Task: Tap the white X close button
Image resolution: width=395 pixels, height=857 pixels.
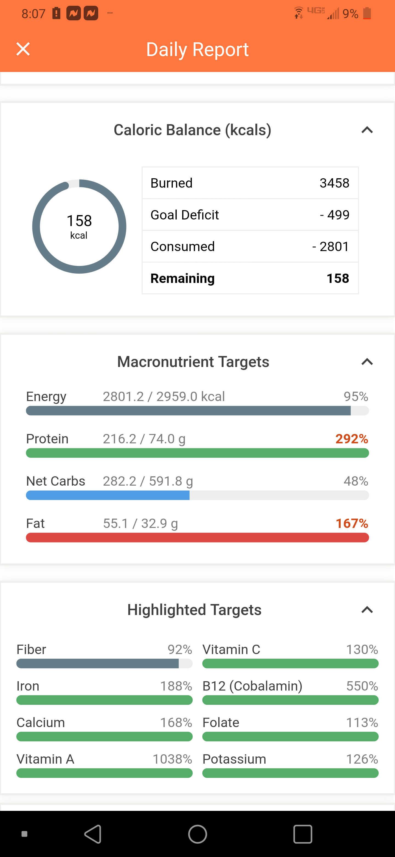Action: pyautogui.click(x=23, y=49)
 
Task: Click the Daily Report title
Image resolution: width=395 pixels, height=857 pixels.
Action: pyautogui.click(x=197, y=49)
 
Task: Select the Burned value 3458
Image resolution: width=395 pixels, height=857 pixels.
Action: pyautogui.click(x=334, y=183)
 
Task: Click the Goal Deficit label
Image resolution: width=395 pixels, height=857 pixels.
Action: pyautogui.click(x=184, y=215)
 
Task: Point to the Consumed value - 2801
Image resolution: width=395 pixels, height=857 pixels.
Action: pyautogui.click(x=331, y=246)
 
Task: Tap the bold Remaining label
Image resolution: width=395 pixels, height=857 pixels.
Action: pyautogui.click(x=182, y=278)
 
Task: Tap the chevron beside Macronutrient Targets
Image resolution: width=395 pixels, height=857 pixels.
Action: pyautogui.click(x=367, y=362)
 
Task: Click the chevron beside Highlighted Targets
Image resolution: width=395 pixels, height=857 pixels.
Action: pyautogui.click(x=367, y=610)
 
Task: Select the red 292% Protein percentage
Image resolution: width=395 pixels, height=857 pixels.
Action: pyautogui.click(x=351, y=439)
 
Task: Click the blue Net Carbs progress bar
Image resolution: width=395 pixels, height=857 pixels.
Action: pyautogui.click(x=108, y=495)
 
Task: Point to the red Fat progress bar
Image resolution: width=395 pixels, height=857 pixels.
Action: pyautogui.click(x=197, y=538)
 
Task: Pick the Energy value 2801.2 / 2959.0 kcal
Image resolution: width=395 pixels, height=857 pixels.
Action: pyautogui.click(x=164, y=397)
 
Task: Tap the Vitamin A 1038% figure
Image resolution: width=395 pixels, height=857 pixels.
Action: pyautogui.click(x=172, y=759)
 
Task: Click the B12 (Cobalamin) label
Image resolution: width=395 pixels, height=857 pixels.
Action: pyautogui.click(x=252, y=686)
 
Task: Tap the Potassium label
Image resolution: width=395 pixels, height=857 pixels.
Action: pyautogui.click(x=234, y=759)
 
